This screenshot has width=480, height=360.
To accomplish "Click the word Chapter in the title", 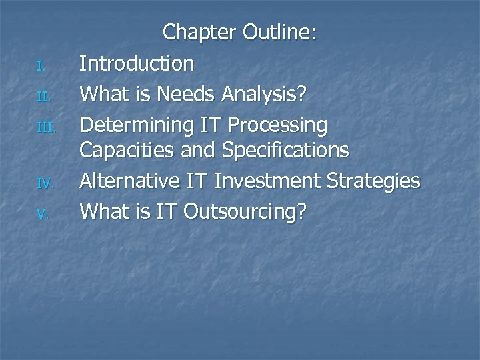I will pyautogui.click(x=200, y=32).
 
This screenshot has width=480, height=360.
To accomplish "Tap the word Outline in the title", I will pyautogui.click(x=280, y=32).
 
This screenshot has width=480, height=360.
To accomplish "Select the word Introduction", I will pyautogui.click(x=137, y=64).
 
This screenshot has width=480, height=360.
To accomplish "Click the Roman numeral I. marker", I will pyautogui.click(x=40, y=66).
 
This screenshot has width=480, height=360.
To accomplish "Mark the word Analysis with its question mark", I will pyautogui.click(x=264, y=95).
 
